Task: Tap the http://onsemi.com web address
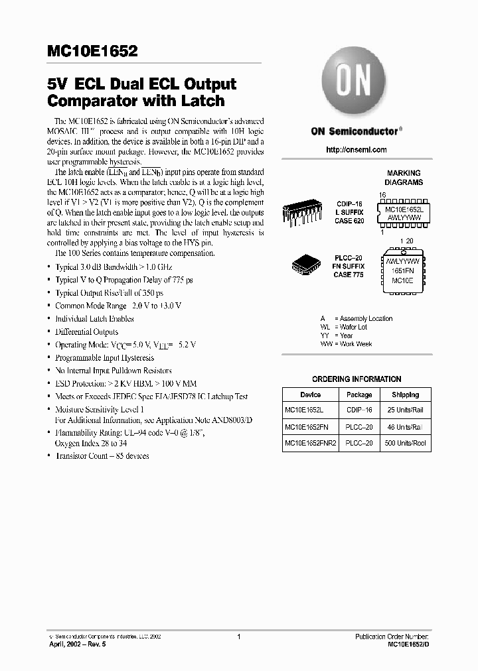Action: (x=356, y=150)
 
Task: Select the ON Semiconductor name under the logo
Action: (x=355, y=131)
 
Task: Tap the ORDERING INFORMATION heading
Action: (x=357, y=379)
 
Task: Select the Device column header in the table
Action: (x=310, y=395)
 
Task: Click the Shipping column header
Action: (x=405, y=395)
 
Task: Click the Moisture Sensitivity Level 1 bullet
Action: (x=100, y=410)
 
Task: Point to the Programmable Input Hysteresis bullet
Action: (x=105, y=357)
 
